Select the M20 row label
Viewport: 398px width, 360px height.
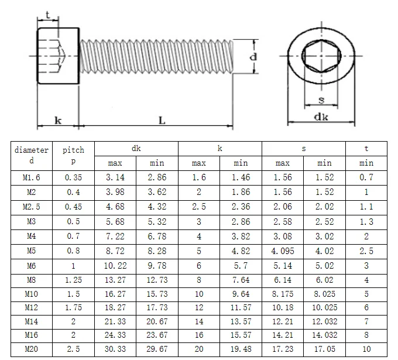32,349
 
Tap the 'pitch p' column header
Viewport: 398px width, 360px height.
74,156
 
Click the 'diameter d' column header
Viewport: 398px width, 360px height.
32,156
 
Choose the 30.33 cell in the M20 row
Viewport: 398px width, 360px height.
115,349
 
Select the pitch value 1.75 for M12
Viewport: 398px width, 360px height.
74,307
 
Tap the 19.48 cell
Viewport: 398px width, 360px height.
241,349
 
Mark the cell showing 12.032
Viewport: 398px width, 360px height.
324,321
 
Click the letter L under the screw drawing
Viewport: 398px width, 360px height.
162,121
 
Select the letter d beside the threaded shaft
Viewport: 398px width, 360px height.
253,57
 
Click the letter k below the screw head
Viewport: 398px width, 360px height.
58,121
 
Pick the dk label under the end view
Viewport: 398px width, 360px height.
321,117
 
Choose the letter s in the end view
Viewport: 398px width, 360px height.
321,100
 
